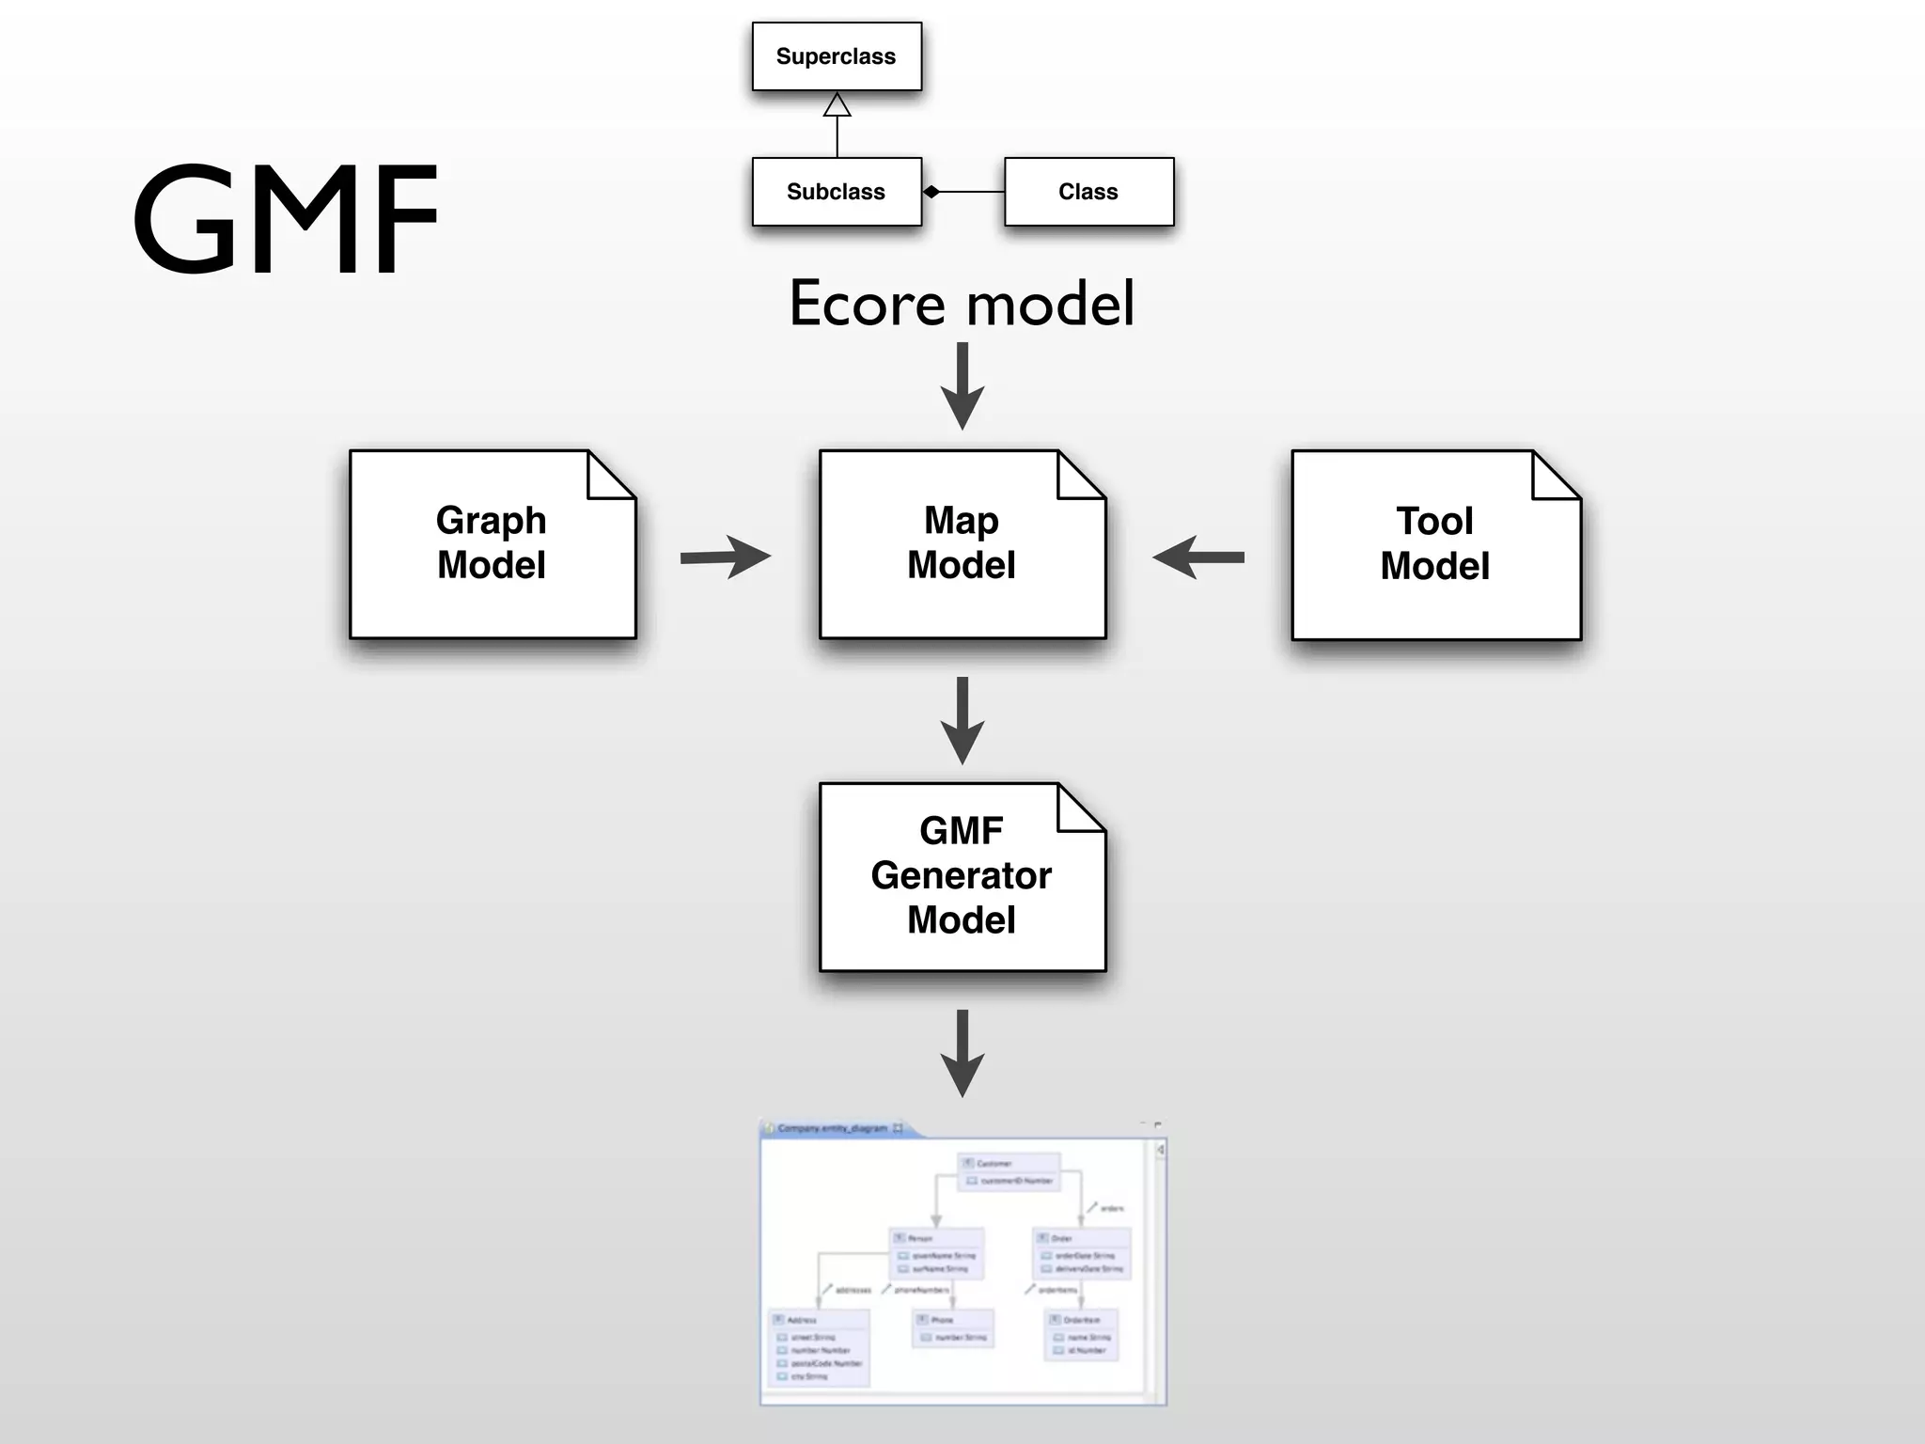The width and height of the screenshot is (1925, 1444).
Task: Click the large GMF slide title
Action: click(285, 219)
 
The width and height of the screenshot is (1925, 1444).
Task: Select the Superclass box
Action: click(837, 56)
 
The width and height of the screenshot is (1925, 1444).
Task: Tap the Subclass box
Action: click(837, 192)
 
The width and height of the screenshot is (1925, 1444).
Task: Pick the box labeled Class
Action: click(1088, 192)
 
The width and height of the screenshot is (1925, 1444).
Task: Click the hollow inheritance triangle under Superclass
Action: click(837, 105)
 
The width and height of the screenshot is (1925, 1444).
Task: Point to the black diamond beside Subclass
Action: click(931, 192)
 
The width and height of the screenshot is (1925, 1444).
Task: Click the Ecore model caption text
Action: click(962, 304)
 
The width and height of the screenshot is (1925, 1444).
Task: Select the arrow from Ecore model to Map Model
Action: click(962, 386)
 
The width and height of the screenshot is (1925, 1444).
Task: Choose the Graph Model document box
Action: click(492, 544)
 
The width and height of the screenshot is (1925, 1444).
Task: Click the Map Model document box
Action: click(962, 544)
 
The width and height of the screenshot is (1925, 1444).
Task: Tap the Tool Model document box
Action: click(1435, 545)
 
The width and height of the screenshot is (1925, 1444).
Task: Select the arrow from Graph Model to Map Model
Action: click(725, 557)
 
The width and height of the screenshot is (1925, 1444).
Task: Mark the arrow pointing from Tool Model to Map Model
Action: click(1198, 557)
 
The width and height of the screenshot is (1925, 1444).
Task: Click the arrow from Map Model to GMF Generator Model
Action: click(962, 720)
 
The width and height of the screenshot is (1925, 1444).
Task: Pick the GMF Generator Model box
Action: click(962, 876)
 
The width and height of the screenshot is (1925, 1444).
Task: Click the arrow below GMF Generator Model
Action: click(962, 1053)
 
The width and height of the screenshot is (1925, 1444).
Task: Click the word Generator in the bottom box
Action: click(961, 875)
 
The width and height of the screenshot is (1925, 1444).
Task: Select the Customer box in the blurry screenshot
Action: click(1009, 1171)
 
